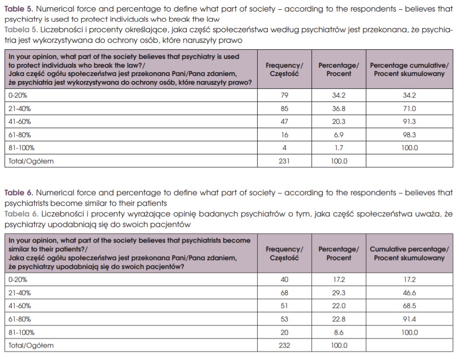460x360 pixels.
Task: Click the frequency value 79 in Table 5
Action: [285, 96]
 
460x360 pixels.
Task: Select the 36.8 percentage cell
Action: [339, 109]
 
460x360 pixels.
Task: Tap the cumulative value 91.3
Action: [409, 122]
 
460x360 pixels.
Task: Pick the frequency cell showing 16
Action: [285, 135]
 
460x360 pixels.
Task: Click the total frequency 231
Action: [285, 161]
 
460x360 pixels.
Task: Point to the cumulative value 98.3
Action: [409, 135]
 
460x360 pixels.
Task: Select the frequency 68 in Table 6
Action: [285, 293]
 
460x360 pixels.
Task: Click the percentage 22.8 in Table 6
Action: [339, 319]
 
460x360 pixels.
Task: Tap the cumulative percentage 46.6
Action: [409, 293]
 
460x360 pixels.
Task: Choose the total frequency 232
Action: [285, 345]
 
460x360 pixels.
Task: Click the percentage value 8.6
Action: [339, 332]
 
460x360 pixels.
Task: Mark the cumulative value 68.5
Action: [409, 306]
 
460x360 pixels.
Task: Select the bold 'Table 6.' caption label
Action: [18, 193]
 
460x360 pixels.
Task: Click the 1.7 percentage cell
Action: [339, 148]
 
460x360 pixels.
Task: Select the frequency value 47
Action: [285, 122]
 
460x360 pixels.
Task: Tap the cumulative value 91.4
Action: [409, 319]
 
